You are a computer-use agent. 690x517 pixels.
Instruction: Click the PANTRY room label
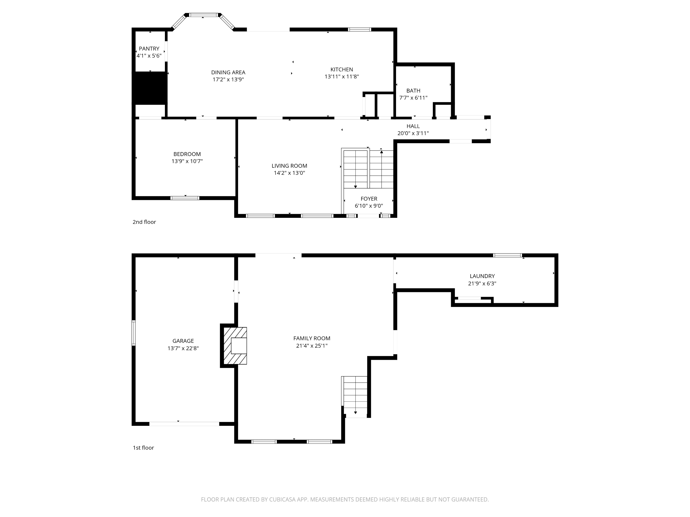point(149,49)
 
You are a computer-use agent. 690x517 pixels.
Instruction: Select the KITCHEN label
point(342,69)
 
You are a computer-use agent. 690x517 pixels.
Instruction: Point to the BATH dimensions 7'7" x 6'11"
point(413,98)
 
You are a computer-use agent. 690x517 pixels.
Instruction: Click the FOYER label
point(369,199)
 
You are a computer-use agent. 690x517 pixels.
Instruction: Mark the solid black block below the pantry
point(150,88)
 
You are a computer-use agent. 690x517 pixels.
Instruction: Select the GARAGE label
point(183,341)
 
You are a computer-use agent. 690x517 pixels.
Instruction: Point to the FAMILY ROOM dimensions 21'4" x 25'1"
point(312,346)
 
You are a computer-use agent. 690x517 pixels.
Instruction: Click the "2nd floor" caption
point(144,222)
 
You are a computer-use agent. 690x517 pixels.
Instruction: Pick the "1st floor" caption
point(143,448)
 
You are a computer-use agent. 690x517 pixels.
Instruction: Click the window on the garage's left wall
point(133,333)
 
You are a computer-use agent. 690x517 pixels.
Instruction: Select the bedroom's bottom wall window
point(185,198)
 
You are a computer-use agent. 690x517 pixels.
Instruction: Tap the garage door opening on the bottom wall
point(184,424)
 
